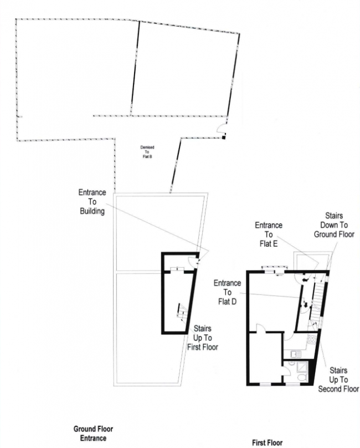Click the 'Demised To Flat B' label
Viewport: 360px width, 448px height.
(x=147, y=152)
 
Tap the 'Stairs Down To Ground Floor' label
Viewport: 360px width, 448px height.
(x=333, y=225)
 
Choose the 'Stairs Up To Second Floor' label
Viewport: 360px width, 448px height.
(x=338, y=379)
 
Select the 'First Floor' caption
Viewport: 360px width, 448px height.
(x=267, y=443)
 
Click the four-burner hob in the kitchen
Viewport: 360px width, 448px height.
(x=312, y=338)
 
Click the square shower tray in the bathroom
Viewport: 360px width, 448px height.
(x=304, y=366)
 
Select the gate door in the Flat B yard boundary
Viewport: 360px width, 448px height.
(x=222, y=131)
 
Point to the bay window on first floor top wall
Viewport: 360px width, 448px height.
(x=274, y=272)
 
